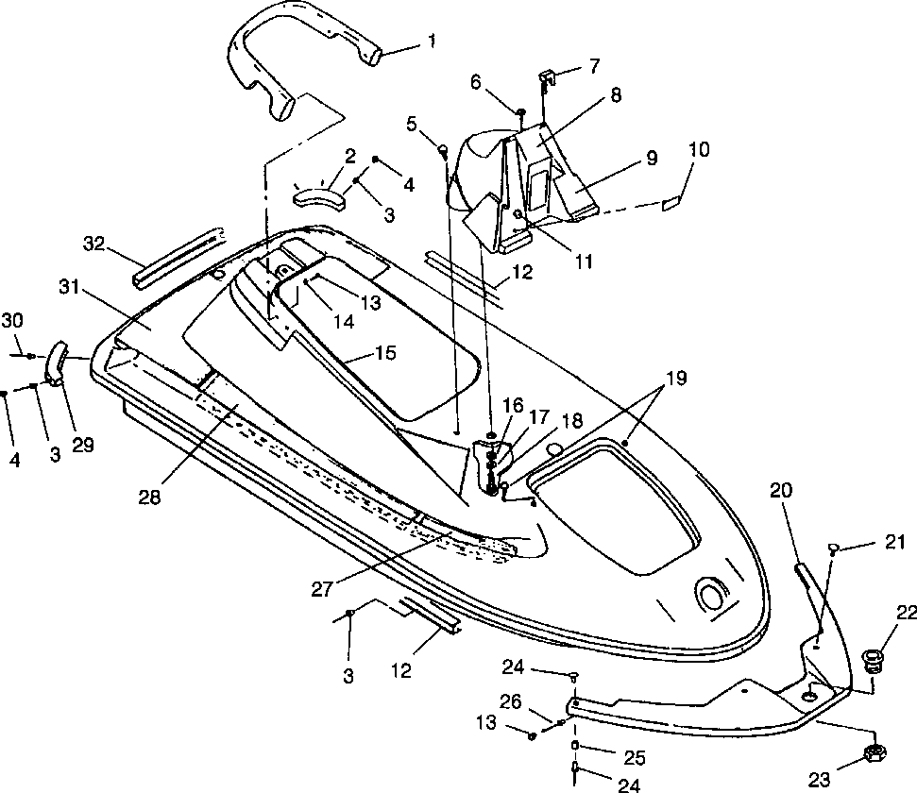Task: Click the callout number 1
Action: pos(432,42)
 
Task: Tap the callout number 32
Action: pos(93,243)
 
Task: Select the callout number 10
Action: pos(699,150)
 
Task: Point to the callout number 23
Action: pos(820,779)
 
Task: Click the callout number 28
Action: pos(150,498)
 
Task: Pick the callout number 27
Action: pos(322,589)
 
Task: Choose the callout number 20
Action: pos(781,491)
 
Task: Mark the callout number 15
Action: pos(384,353)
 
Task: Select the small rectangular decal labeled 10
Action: pos(671,204)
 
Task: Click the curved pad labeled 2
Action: pos(319,197)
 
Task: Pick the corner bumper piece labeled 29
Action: pos(55,363)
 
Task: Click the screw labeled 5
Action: pos(444,150)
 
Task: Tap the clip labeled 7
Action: pos(548,76)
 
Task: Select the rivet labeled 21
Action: pos(833,548)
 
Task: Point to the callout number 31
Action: pos(70,288)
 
